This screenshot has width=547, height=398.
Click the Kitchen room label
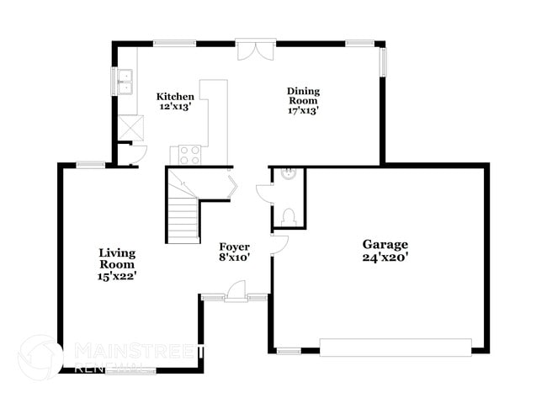tap(175, 97)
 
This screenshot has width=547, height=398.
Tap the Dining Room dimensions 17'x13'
tap(303, 111)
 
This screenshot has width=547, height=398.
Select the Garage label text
tap(385, 245)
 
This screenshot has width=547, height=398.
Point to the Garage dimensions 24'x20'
tap(385, 257)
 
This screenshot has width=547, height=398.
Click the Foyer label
tap(235, 247)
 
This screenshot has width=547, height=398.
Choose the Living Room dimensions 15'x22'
tap(117, 276)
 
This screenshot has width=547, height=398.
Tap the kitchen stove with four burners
tap(190, 155)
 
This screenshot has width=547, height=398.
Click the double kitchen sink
tap(125, 82)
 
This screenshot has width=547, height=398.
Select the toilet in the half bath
tap(289, 216)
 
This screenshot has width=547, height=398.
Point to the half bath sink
tap(289, 173)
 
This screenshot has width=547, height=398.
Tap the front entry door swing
tap(236, 289)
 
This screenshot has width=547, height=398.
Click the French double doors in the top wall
tap(256, 50)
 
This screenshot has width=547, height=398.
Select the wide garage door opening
tap(396, 347)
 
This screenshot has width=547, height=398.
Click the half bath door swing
tap(264, 194)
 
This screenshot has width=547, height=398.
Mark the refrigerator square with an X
tap(130, 129)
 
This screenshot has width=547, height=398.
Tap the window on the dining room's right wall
tap(383, 62)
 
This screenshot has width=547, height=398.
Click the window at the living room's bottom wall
tap(130, 371)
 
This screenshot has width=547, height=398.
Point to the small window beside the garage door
tap(289, 351)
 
